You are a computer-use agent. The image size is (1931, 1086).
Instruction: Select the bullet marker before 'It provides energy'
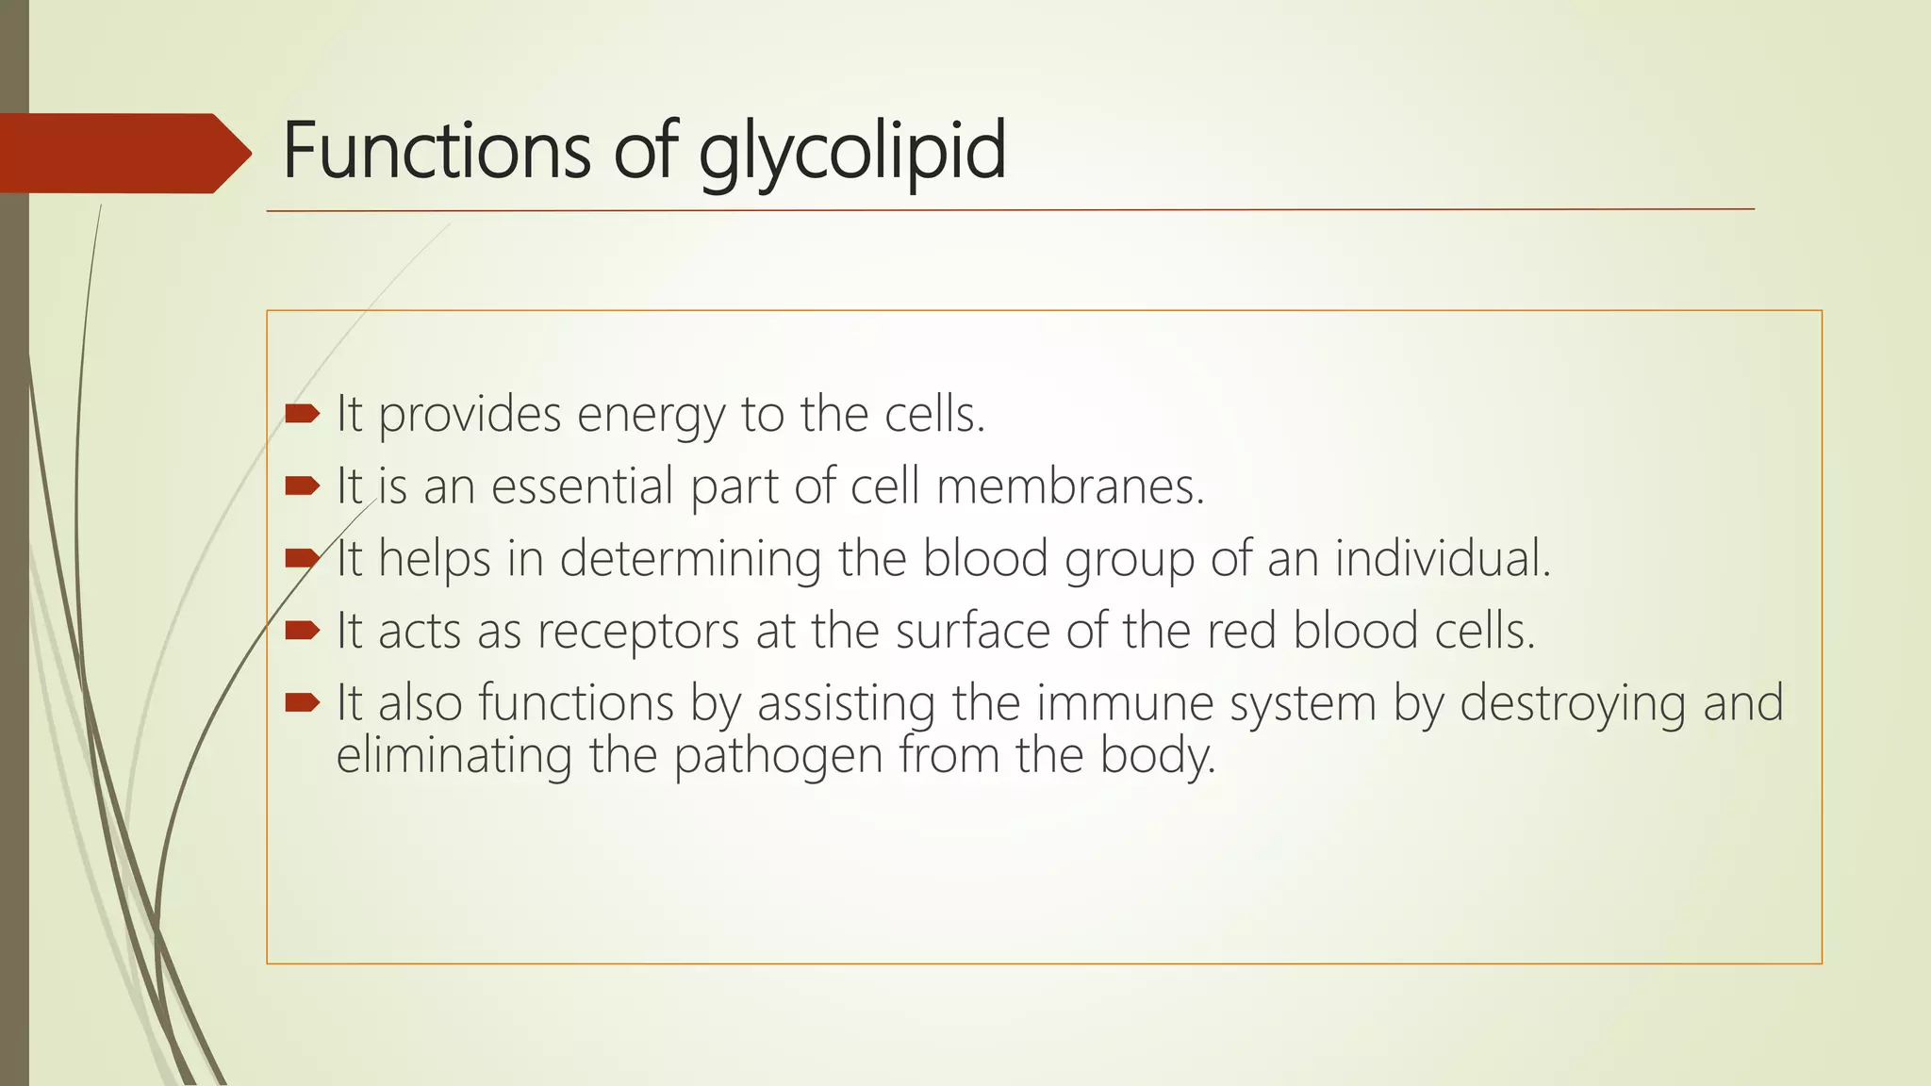pyautogui.click(x=303, y=413)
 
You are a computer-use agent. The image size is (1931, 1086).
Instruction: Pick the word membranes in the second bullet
pyautogui.click(x=1070, y=486)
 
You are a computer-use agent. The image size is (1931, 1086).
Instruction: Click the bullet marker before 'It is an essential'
pyautogui.click(x=303, y=485)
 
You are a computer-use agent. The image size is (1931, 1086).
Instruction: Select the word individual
pyautogui.click(x=1442, y=558)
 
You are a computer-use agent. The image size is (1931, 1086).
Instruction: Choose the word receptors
pyautogui.click(x=638, y=631)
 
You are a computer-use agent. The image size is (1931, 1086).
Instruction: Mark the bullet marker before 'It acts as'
pyautogui.click(x=303, y=630)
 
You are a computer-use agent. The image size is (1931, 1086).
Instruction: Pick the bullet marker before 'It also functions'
pyautogui.click(x=303, y=701)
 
